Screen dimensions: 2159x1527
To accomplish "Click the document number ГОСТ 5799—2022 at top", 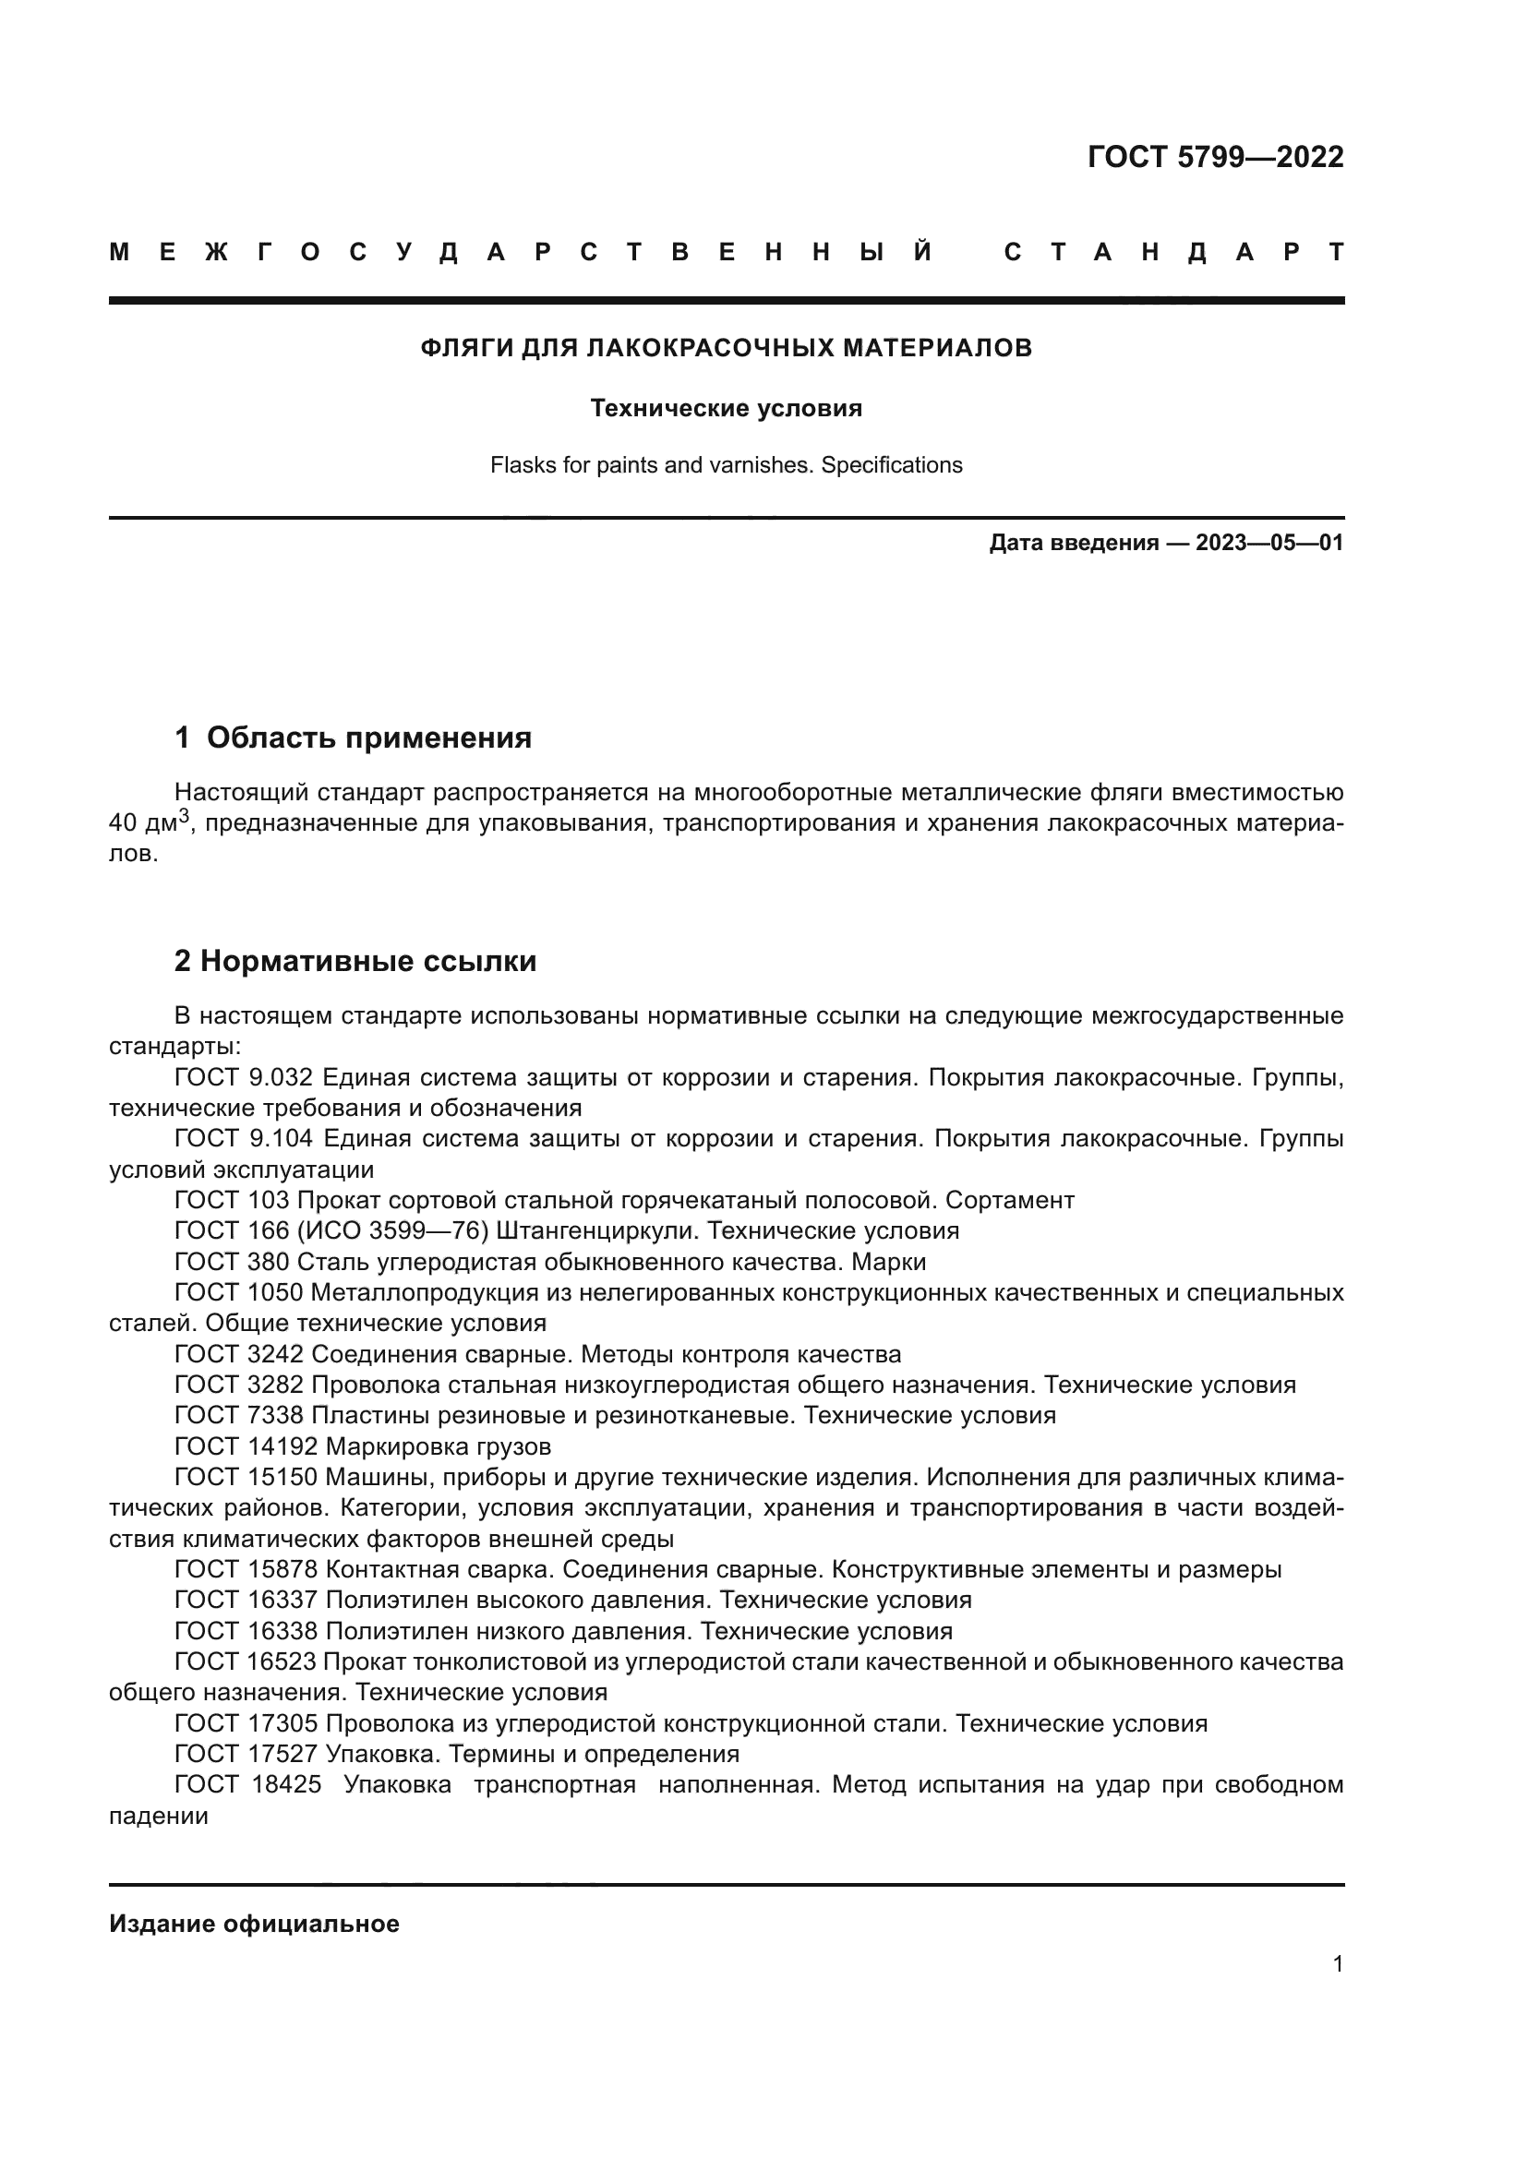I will [x=1215, y=157].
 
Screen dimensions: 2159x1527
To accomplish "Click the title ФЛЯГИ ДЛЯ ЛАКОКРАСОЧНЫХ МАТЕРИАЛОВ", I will [x=726, y=349].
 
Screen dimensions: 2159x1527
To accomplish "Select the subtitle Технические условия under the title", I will [x=726, y=409].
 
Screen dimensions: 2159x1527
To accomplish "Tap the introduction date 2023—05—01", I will [x=1268, y=544].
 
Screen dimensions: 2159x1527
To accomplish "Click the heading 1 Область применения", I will [x=354, y=738].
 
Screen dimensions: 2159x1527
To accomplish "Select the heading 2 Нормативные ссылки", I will [x=355, y=962].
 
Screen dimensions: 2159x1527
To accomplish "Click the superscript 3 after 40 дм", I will [x=186, y=814].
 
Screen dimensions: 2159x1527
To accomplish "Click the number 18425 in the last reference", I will [x=286, y=1785].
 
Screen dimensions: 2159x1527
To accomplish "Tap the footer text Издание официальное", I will [x=254, y=1924].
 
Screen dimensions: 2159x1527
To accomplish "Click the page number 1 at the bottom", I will [x=1337, y=1963].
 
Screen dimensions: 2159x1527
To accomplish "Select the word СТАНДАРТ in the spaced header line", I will [x=1173, y=253].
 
